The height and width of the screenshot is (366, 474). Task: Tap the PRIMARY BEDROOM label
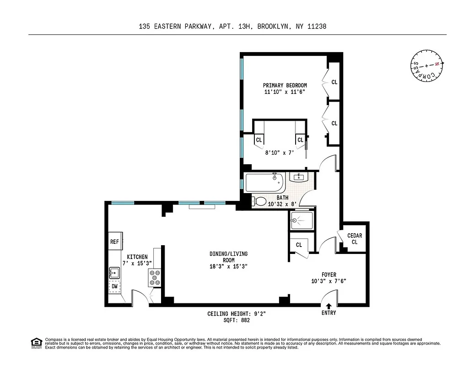(285, 85)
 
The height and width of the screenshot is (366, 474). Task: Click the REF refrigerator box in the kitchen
(114, 241)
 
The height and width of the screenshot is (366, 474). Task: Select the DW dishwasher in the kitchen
(114, 287)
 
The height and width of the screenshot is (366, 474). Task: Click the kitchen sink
(114, 273)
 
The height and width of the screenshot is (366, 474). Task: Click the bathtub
(265, 183)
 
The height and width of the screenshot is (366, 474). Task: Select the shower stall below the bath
(302, 221)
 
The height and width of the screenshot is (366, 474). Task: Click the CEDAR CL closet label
(355, 239)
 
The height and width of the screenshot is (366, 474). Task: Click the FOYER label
(329, 274)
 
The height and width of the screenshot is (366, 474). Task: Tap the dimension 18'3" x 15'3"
(228, 267)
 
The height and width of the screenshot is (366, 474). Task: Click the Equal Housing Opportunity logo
(36, 343)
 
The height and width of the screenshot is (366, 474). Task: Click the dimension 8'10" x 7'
(280, 153)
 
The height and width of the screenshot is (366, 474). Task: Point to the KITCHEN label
(137, 257)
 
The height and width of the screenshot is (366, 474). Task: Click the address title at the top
(233, 27)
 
